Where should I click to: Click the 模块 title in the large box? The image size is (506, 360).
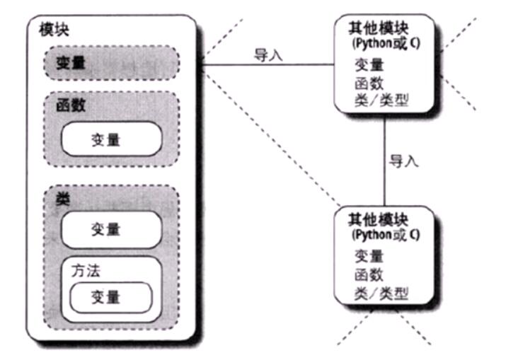coord(54,30)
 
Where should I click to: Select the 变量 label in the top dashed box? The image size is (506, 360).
coord(71,62)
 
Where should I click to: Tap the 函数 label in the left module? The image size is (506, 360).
coord(71,105)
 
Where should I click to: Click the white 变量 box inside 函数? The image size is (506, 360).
coord(112,139)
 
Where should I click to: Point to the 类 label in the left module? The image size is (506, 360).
coord(63,199)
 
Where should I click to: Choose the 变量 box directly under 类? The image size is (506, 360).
coord(112,230)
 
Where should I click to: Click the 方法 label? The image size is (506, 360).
coord(86,270)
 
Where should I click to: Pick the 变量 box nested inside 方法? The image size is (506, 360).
coord(111,298)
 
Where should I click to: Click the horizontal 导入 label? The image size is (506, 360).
coord(268,55)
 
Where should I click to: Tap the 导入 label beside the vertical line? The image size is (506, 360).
coord(403,161)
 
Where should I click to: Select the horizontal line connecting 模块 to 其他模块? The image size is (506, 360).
coord(268,65)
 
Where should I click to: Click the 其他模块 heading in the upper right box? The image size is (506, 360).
coord(379,28)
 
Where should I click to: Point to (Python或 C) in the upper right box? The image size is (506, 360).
coord(386,44)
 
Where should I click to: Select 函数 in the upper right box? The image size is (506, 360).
coord(369,83)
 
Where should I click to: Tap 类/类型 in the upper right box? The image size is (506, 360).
coord(381,100)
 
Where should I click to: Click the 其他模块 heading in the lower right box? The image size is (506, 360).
coord(378,220)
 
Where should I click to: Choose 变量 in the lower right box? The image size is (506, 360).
coord(369,257)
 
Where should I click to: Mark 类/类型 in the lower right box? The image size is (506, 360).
coord(381,294)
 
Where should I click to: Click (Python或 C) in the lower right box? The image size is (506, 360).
coord(386,235)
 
